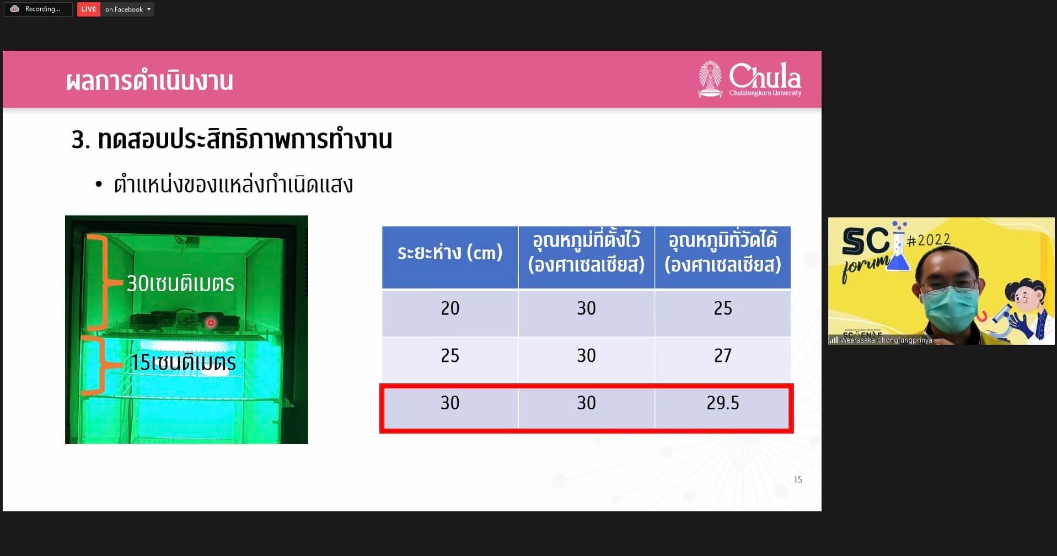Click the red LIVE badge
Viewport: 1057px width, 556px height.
[88, 9]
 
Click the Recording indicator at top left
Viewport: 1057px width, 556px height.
[38, 9]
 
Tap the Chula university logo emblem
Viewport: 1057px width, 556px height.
[710, 79]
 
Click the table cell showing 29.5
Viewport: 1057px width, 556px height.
[722, 403]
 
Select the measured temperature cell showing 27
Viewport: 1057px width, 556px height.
[722, 356]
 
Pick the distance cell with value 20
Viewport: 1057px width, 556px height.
[450, 308]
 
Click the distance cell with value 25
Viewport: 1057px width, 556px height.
[450, 356]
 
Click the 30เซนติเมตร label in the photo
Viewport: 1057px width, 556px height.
[180, 284]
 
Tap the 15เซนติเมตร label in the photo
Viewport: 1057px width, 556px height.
[183, 362]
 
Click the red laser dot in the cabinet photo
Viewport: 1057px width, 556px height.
[210, 323]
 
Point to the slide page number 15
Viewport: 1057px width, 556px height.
[798, 479]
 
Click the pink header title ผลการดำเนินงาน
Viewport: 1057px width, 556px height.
[149, 81]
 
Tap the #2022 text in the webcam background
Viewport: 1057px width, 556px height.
[929, 239]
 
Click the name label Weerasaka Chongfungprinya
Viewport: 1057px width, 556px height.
[886, 340]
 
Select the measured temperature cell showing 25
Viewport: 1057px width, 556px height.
[722, 308]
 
